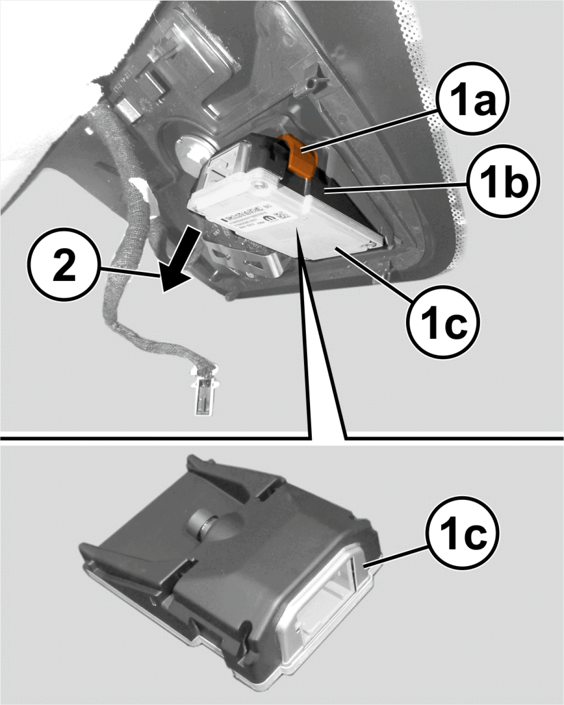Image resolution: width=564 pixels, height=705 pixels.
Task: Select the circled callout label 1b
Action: point(504,182)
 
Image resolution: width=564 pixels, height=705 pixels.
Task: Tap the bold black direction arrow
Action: point(180,261)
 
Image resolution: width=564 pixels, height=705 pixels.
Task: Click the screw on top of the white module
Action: point(259,184)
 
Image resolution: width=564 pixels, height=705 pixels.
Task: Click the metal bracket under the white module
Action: point(244,262)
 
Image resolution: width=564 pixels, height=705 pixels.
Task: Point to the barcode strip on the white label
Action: point(241,212)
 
